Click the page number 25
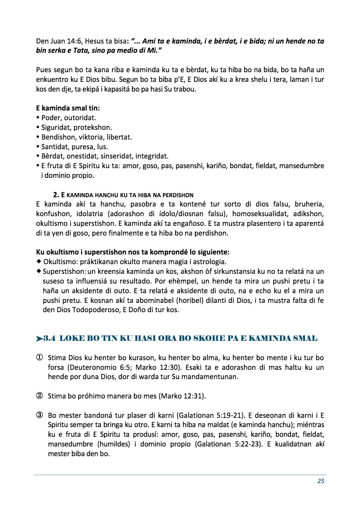tap(321, 481)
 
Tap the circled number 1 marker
tap(40, 358)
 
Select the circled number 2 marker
tap(40, 396)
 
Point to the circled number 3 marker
tap(40, 415)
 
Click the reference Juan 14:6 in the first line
tap(59, 41)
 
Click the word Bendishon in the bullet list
tap(58, 137)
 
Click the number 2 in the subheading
tap(56, 196)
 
